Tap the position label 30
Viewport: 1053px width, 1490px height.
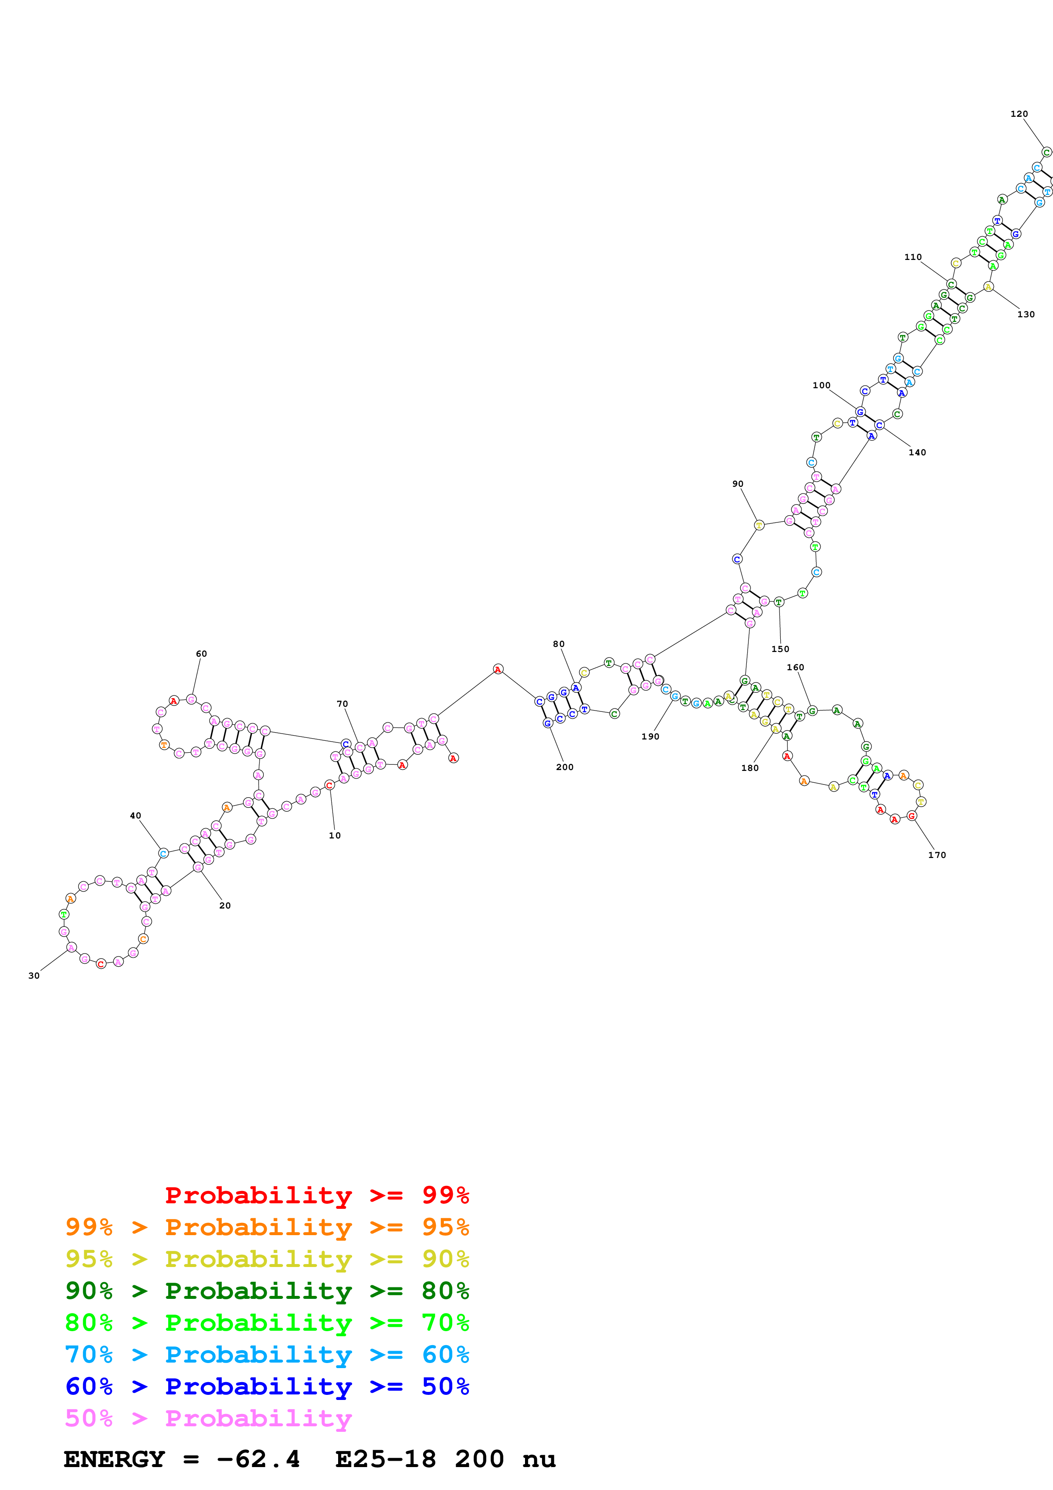(34, 975)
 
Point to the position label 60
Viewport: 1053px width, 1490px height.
(201, 654)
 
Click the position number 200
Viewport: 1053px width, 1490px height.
(565, 767)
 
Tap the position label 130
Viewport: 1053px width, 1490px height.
(1026, 314)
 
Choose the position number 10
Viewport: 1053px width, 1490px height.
(335, 835)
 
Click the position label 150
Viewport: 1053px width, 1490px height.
(780, 649)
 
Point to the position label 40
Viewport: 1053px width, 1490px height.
(135, 816)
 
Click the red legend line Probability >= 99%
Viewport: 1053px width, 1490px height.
(316, 1195)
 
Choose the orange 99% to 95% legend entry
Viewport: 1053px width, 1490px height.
(267, 1227)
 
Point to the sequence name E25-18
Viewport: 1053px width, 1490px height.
(385, 1459)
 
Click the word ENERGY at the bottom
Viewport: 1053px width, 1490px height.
(114, 1459)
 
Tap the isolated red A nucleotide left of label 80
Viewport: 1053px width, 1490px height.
(498, 669)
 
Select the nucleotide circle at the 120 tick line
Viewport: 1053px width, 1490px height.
(1046, 152)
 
